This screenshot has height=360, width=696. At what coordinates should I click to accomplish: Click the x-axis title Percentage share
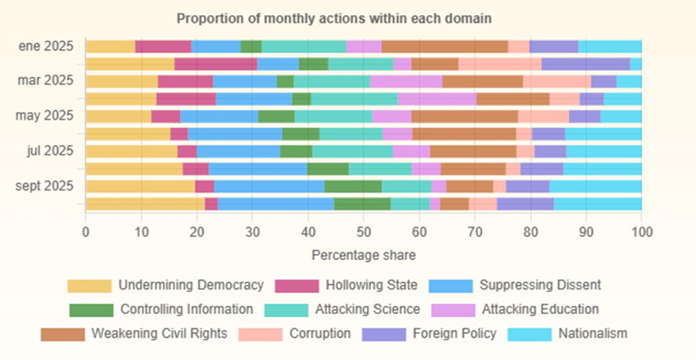363,255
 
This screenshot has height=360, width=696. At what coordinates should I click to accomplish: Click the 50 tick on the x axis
363,232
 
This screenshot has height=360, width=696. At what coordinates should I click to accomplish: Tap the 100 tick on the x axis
641,232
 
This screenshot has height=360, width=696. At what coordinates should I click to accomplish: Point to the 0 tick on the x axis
86,232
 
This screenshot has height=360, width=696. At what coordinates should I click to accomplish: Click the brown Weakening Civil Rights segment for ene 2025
444,47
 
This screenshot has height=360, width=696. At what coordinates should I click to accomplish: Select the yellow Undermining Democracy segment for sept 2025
140,186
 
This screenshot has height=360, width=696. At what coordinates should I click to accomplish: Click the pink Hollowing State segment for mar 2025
185,82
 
